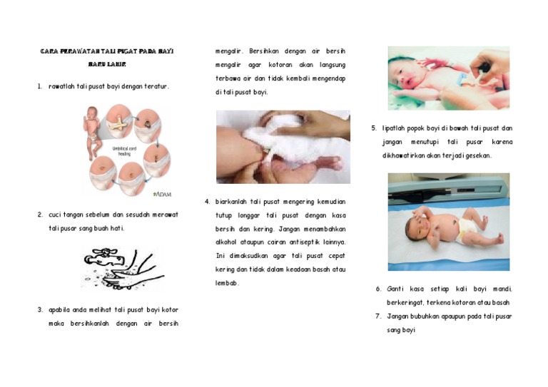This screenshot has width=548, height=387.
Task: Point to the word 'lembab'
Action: [x=228, y=283]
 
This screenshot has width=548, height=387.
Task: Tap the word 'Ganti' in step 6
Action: [x=396, y=289]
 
